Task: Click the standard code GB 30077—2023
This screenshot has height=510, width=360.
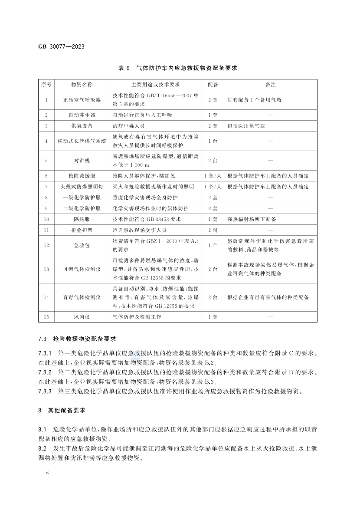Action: click(60, 47)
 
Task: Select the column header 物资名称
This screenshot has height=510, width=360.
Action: click(82, 84)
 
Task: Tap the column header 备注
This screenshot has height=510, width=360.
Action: click(270, 84)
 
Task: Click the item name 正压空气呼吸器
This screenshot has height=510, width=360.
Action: click(82, 100)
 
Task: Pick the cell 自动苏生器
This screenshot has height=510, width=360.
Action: click(82, 115)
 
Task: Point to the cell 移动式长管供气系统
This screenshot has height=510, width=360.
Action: click(82, 141)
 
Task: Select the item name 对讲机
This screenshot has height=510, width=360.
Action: click(82, 161)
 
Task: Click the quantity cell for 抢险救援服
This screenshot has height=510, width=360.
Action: click(213, 176)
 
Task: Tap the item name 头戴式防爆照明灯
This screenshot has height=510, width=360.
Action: click(82, 187)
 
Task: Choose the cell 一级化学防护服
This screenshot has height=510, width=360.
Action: click(82, 197)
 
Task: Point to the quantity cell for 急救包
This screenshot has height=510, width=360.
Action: click(213, 245)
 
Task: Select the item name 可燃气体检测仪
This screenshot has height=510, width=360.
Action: click(82, 269)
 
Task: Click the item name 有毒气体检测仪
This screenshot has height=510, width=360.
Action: click(82, 297)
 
